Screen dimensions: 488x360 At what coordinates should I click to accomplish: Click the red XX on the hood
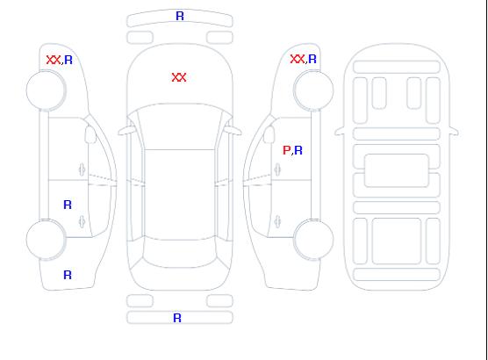(x=179, y=77)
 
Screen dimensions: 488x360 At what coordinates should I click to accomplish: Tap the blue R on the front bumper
(x=180, y=16)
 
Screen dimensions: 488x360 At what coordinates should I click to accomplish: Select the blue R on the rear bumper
(x=177, y=318)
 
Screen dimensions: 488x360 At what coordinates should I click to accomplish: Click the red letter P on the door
(x=286, y=150)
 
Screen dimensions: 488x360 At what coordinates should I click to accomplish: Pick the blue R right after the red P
(x=298, y=150)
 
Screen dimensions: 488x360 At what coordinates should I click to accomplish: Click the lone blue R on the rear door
(x=68, y=205)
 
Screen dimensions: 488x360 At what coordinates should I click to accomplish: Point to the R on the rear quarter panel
(x=68, y=275)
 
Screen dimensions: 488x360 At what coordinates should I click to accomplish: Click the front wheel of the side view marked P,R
(x=313, y=90)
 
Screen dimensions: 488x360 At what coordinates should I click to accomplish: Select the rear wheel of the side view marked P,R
(x=313, y=239)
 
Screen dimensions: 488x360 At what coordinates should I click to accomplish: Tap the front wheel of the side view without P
(x=46, y=90)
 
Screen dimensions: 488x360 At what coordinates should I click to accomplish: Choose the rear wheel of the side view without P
(x=46, y=240)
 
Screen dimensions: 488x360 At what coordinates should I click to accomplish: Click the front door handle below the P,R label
(x=277, y=169)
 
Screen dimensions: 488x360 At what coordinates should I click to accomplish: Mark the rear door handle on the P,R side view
(x=277, y=221)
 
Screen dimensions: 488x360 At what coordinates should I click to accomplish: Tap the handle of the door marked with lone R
(x=82, y=221)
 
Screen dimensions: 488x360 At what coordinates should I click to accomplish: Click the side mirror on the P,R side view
(x=269, y=134)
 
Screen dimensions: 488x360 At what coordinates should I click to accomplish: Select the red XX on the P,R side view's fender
(x=298, y=59)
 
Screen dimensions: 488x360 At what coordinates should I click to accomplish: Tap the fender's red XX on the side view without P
(x=54, y=60)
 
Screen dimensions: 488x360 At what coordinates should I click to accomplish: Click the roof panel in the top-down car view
(x=180, y=195)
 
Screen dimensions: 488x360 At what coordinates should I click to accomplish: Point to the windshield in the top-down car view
(x=180, y=126)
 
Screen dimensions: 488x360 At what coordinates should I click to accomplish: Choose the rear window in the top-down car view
(x=180, y=253)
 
